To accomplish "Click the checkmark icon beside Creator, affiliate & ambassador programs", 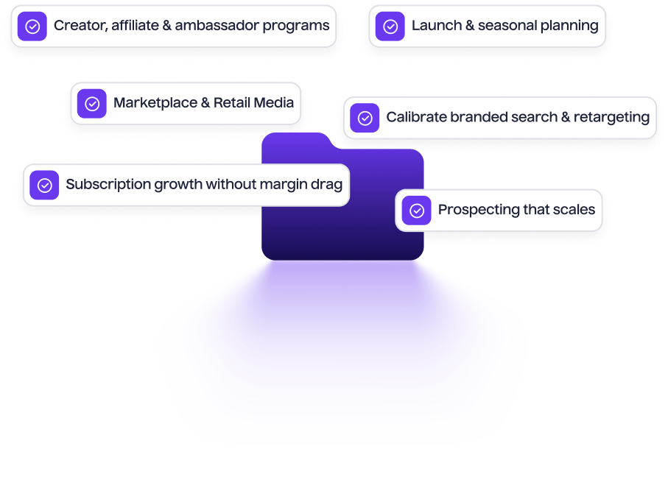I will coord(32,27).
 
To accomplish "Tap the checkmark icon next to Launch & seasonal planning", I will coord(390,27).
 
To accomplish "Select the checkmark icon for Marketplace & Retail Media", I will coord(92,104).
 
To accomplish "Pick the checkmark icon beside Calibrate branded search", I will coord(365,118).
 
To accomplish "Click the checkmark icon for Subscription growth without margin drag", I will coord(44,185).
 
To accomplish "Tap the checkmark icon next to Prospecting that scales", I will coord(417,211).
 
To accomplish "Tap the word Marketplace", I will coord(155,103).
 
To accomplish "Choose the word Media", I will coord(274,103).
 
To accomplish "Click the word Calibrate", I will coord(415,117).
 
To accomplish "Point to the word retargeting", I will coord(611,117).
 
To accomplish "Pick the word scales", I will coord(574,210).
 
